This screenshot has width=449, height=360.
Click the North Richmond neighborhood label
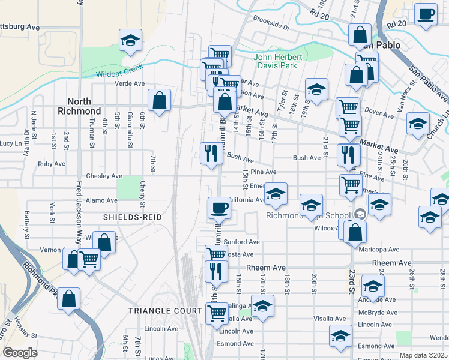point(79,106)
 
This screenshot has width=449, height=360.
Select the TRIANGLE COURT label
point(166,310)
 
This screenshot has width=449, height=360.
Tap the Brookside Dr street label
point(271,28)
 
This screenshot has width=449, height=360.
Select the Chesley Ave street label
point(104,176)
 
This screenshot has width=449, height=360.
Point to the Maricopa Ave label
point(379,250)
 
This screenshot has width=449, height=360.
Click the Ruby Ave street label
point(51,163)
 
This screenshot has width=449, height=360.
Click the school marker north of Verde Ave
point(130,40)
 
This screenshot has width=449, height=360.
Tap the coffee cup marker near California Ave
point(219,208)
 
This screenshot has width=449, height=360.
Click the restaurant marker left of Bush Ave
point(211,154)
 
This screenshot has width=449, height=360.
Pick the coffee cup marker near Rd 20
point(426,14)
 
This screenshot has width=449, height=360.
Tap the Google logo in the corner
point(20,353)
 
